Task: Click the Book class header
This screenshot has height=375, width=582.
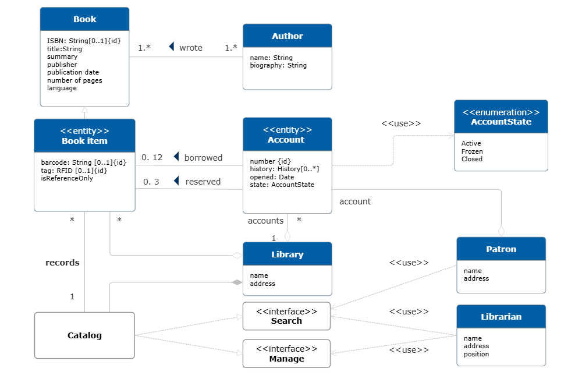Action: (x=84, y=19)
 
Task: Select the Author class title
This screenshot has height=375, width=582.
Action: (x=287, y=36)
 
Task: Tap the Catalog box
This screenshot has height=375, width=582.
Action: (x=84, y=335)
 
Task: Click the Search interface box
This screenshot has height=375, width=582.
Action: (x=286, y=316)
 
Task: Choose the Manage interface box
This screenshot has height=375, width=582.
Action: (x=286, y=353)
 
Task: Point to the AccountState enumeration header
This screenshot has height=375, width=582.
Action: (x=501, y=117)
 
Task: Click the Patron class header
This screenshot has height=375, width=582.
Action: (x=501, y=249)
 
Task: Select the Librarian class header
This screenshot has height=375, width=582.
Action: (x=501, y=317)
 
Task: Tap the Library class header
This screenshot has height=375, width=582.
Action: (x=287, y=254)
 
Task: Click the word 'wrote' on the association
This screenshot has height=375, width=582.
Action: (x=191, y=48)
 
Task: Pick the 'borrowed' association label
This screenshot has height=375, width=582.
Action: (x=203, y=158)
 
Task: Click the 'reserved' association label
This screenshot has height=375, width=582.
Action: (x=203, y=182)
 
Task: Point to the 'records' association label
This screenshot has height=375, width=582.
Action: (x=62, y=263)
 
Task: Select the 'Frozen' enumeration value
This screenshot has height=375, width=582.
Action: (x=472, y=151)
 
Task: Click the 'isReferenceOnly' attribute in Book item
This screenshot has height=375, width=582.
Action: (x=67, y=178)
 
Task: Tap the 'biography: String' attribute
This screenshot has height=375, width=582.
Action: (x=278, y=65)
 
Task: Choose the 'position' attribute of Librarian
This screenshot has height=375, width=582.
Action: (x=476, y=354)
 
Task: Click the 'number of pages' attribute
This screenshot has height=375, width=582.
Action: (x=74, y=80)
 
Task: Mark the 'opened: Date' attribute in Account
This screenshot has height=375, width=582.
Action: (x=272, y=177)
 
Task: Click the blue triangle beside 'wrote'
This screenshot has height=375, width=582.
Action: (x=171, y=47)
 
